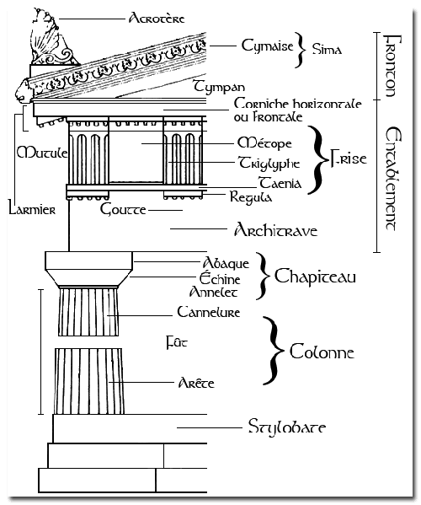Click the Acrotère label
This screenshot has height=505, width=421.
click(x=157, y=18)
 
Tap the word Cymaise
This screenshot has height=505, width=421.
click(x=267, y=46)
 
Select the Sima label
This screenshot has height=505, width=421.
click(x=327, y=49)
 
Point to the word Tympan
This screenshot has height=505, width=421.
click(x=219, y=87)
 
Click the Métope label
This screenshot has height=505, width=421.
click(x=264, y=143)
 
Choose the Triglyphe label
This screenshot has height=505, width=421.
click(x=269, y=163)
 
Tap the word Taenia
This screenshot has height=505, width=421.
click(x=280, y=183)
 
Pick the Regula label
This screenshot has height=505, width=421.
click(x=251, y=196)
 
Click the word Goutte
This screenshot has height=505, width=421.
click(x=123, y=209)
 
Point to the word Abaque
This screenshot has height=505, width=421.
click(x=226, y=263)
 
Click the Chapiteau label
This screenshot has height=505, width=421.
click(x=315, y=277)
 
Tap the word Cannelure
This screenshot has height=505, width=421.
click(x=209, y=312)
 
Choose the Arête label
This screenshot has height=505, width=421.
click(x=196, y=382)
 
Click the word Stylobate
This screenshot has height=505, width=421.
click(x=287, y=427)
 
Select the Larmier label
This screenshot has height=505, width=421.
click(x=32, y=209)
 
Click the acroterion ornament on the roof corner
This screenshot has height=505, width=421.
click(x=51, y=37)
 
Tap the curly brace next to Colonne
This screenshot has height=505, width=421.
click(x=274, y=351)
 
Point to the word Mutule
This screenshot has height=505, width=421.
click(x=42, y=153)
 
